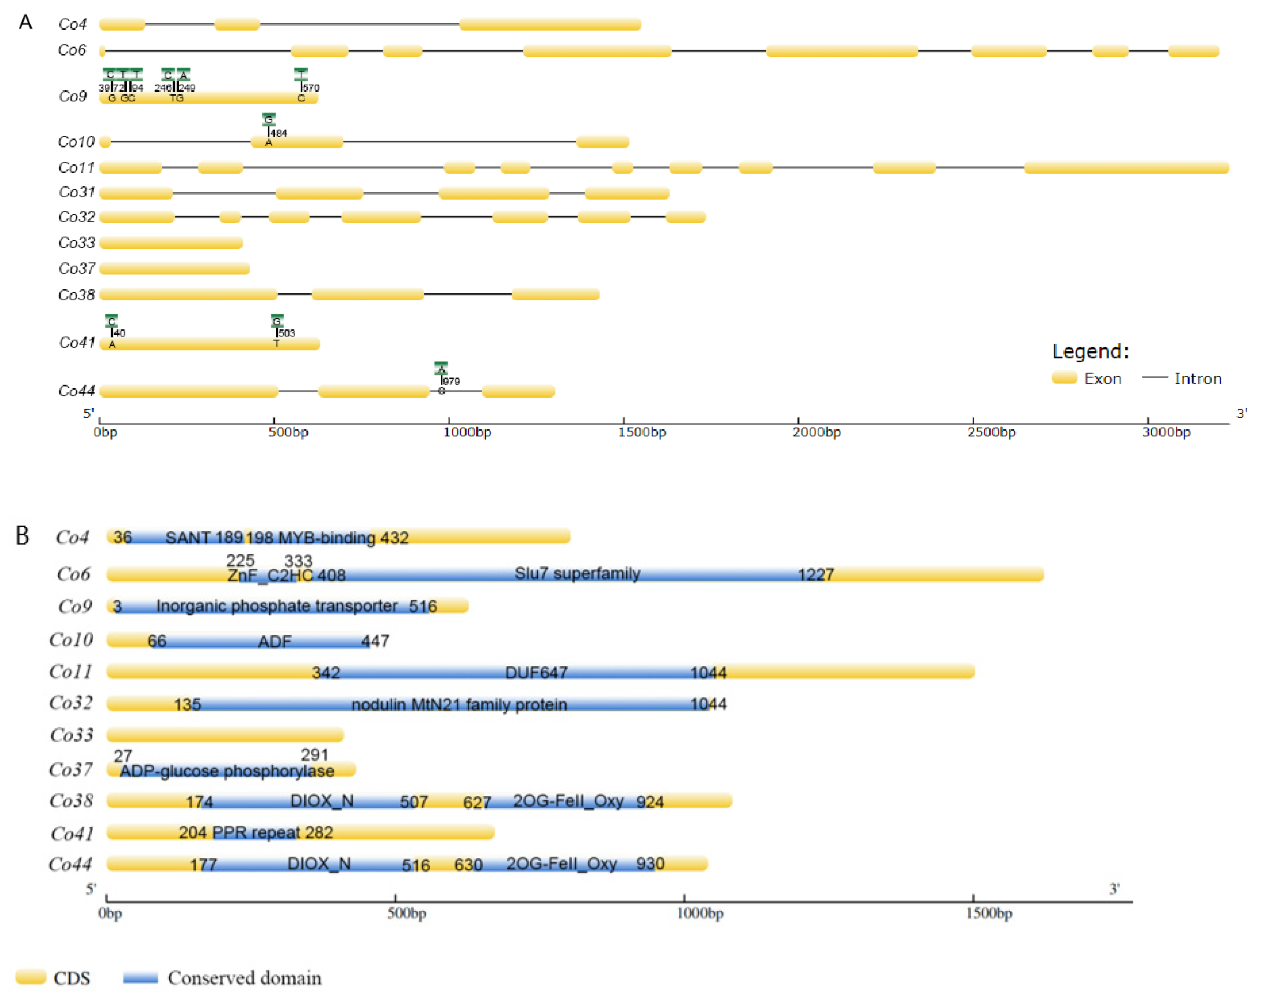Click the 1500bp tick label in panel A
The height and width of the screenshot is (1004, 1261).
[x=641, y=432]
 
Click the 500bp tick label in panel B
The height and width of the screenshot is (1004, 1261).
[x=406, y=913]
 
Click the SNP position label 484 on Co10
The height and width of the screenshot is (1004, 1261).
[x=279, y=133]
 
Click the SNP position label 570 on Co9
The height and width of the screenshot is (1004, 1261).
[x=311, y=87]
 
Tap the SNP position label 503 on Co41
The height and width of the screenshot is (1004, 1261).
[x=287, y=333]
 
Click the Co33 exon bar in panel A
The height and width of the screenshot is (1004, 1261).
[x=171, y=242]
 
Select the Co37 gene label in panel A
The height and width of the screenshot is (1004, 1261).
[x=77, y=269]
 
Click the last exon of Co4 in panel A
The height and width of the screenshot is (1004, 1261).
[x=550, y=25]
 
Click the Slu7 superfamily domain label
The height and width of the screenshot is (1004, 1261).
[x=577, y=573]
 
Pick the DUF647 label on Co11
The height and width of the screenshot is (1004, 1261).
[x=536, y=672]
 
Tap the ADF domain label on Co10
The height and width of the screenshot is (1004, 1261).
[x=274, y=641]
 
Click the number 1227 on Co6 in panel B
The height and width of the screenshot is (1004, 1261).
[x=815, y=574]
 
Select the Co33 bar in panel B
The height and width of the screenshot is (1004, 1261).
[x=225, y=734]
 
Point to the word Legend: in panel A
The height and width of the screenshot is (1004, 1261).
[x=1090, y=351]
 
